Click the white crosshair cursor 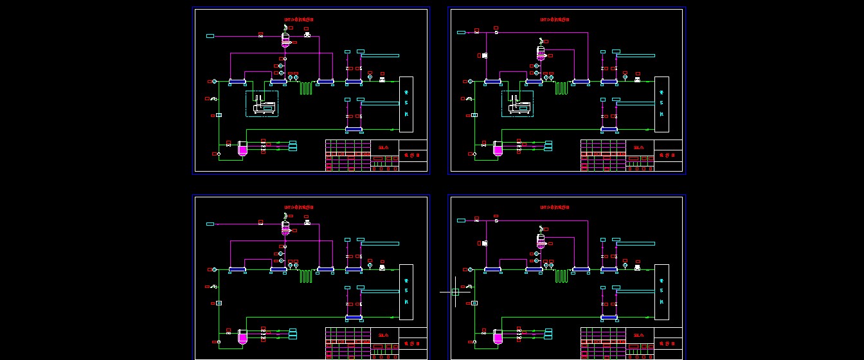click(x=455, y=292)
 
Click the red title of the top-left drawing click(x=300, y=19)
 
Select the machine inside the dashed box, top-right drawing click(x=519, y=105)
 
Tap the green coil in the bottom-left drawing click(x=305, y=276)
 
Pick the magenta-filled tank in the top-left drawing click(x=242, y=150)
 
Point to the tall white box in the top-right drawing click(x=661, y=104)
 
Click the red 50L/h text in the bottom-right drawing click(x=638, y=335)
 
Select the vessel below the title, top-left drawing click(x=285, y=40)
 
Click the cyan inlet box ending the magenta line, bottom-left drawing click(x=210, y=224)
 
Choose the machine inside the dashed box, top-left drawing click(x=264, y=105)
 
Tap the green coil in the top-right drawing click(x=562, y=88)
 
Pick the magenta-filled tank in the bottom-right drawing click(x=498, y=337)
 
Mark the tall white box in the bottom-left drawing click(x=406, y=292)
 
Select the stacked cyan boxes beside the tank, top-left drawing click(x=292, y=146)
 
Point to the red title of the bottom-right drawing click(x=555, y=207)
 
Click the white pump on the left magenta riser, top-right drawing click(x=484, y=56)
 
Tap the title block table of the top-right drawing click(x=632, y=156)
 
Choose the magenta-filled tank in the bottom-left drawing click(x=242, y=337)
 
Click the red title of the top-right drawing click(x=555, y=19)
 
